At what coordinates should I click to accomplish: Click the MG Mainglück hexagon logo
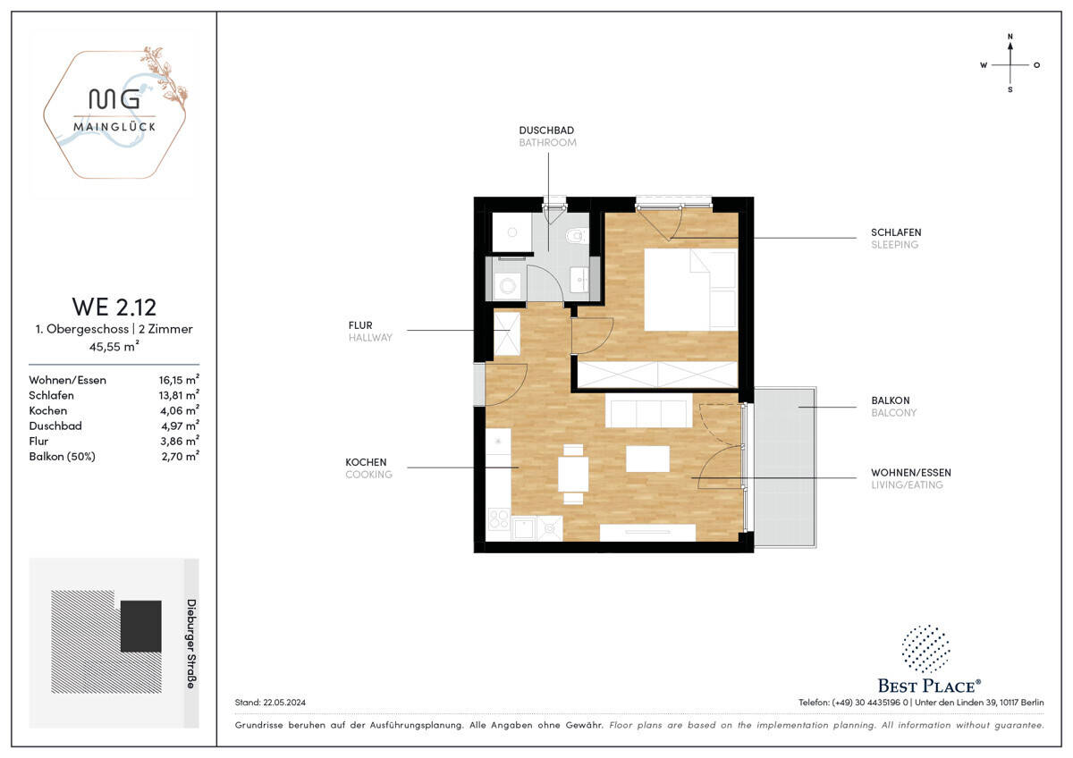[x=114, y=114]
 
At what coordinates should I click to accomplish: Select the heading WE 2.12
[x=114, y=307]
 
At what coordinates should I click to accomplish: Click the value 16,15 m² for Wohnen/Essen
[x=178, y=380]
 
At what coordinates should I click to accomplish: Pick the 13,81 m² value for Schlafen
[x=178, y=395]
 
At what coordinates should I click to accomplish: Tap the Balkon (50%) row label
[x=63, y=456]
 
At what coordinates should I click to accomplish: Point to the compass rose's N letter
[x=1010, y=38]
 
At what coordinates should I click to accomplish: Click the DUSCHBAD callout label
[x=547, y=131]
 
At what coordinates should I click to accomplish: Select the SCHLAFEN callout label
[x=896, y=232]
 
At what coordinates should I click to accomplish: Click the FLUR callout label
[x=360, y=325]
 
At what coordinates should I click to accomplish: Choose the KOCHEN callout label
[x=367, y=462]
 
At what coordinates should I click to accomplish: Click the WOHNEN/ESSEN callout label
[x=911, y=472]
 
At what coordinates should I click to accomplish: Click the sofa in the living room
[x=648, y=412]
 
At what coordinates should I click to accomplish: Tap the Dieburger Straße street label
[x=190, y=644]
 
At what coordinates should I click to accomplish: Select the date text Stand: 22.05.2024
[x=270, y=703]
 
